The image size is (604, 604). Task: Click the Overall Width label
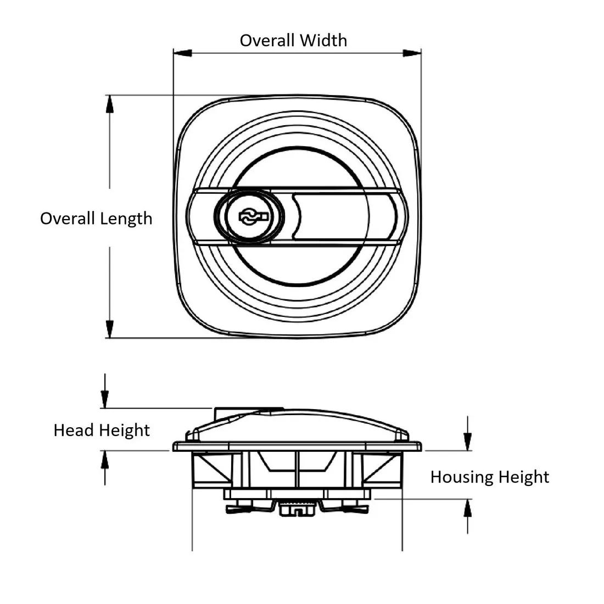coord(293,40)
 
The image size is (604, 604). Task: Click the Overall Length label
coord(96,219)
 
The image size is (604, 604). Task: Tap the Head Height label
coord(102,430)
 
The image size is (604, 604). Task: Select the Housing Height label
coord(489,477)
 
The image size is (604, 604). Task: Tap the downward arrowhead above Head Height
coord(104,399)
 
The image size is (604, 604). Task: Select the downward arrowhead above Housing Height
coord(467,441)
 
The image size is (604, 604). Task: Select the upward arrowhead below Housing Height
coord(467,508)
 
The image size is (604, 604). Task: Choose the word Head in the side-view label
coord(74,430)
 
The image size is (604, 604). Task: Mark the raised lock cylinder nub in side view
coord(248,411)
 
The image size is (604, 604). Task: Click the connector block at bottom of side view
coord(297,509)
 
